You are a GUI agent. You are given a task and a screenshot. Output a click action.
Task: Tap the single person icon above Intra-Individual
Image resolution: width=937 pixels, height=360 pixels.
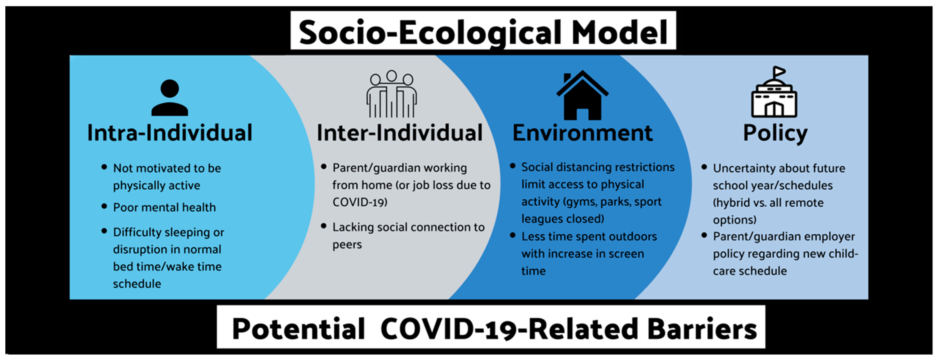pyautogui.click(x=170, y=98)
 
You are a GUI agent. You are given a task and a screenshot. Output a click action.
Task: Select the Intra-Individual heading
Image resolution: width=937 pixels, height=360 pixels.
pyautogui.click(x=170, y=133)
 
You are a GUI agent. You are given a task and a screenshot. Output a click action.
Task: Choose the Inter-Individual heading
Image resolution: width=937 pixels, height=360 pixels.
pyautogui.click(x=400, y=133)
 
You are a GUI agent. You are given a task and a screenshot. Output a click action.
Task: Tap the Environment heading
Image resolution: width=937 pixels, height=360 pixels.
pyautogui.click(x=583, y=133)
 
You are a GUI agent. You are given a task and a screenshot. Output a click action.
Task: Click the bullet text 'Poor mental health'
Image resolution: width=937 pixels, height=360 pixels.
pyautogui.click(x=164, y=207)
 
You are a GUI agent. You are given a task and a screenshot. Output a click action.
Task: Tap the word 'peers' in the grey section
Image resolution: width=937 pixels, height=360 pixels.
pyautogui.click(x=347, y=245)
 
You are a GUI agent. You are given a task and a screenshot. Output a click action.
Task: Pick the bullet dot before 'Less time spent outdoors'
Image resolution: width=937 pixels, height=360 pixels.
pyautogui.click(x=513, y=235)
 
